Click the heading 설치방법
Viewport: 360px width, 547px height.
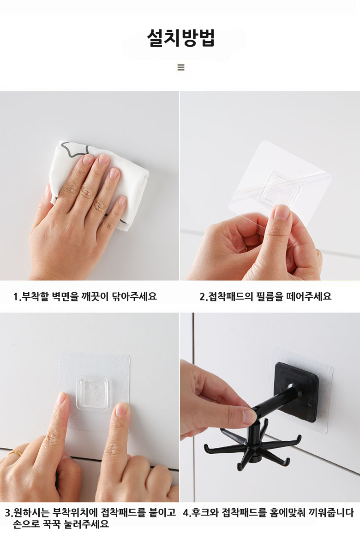point(180,38)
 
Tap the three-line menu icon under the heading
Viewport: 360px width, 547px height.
point(181,67)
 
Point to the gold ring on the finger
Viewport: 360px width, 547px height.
point(15,453)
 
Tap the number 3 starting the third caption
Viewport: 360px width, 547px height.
point(8,513)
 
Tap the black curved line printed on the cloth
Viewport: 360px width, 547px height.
point(75,150)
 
